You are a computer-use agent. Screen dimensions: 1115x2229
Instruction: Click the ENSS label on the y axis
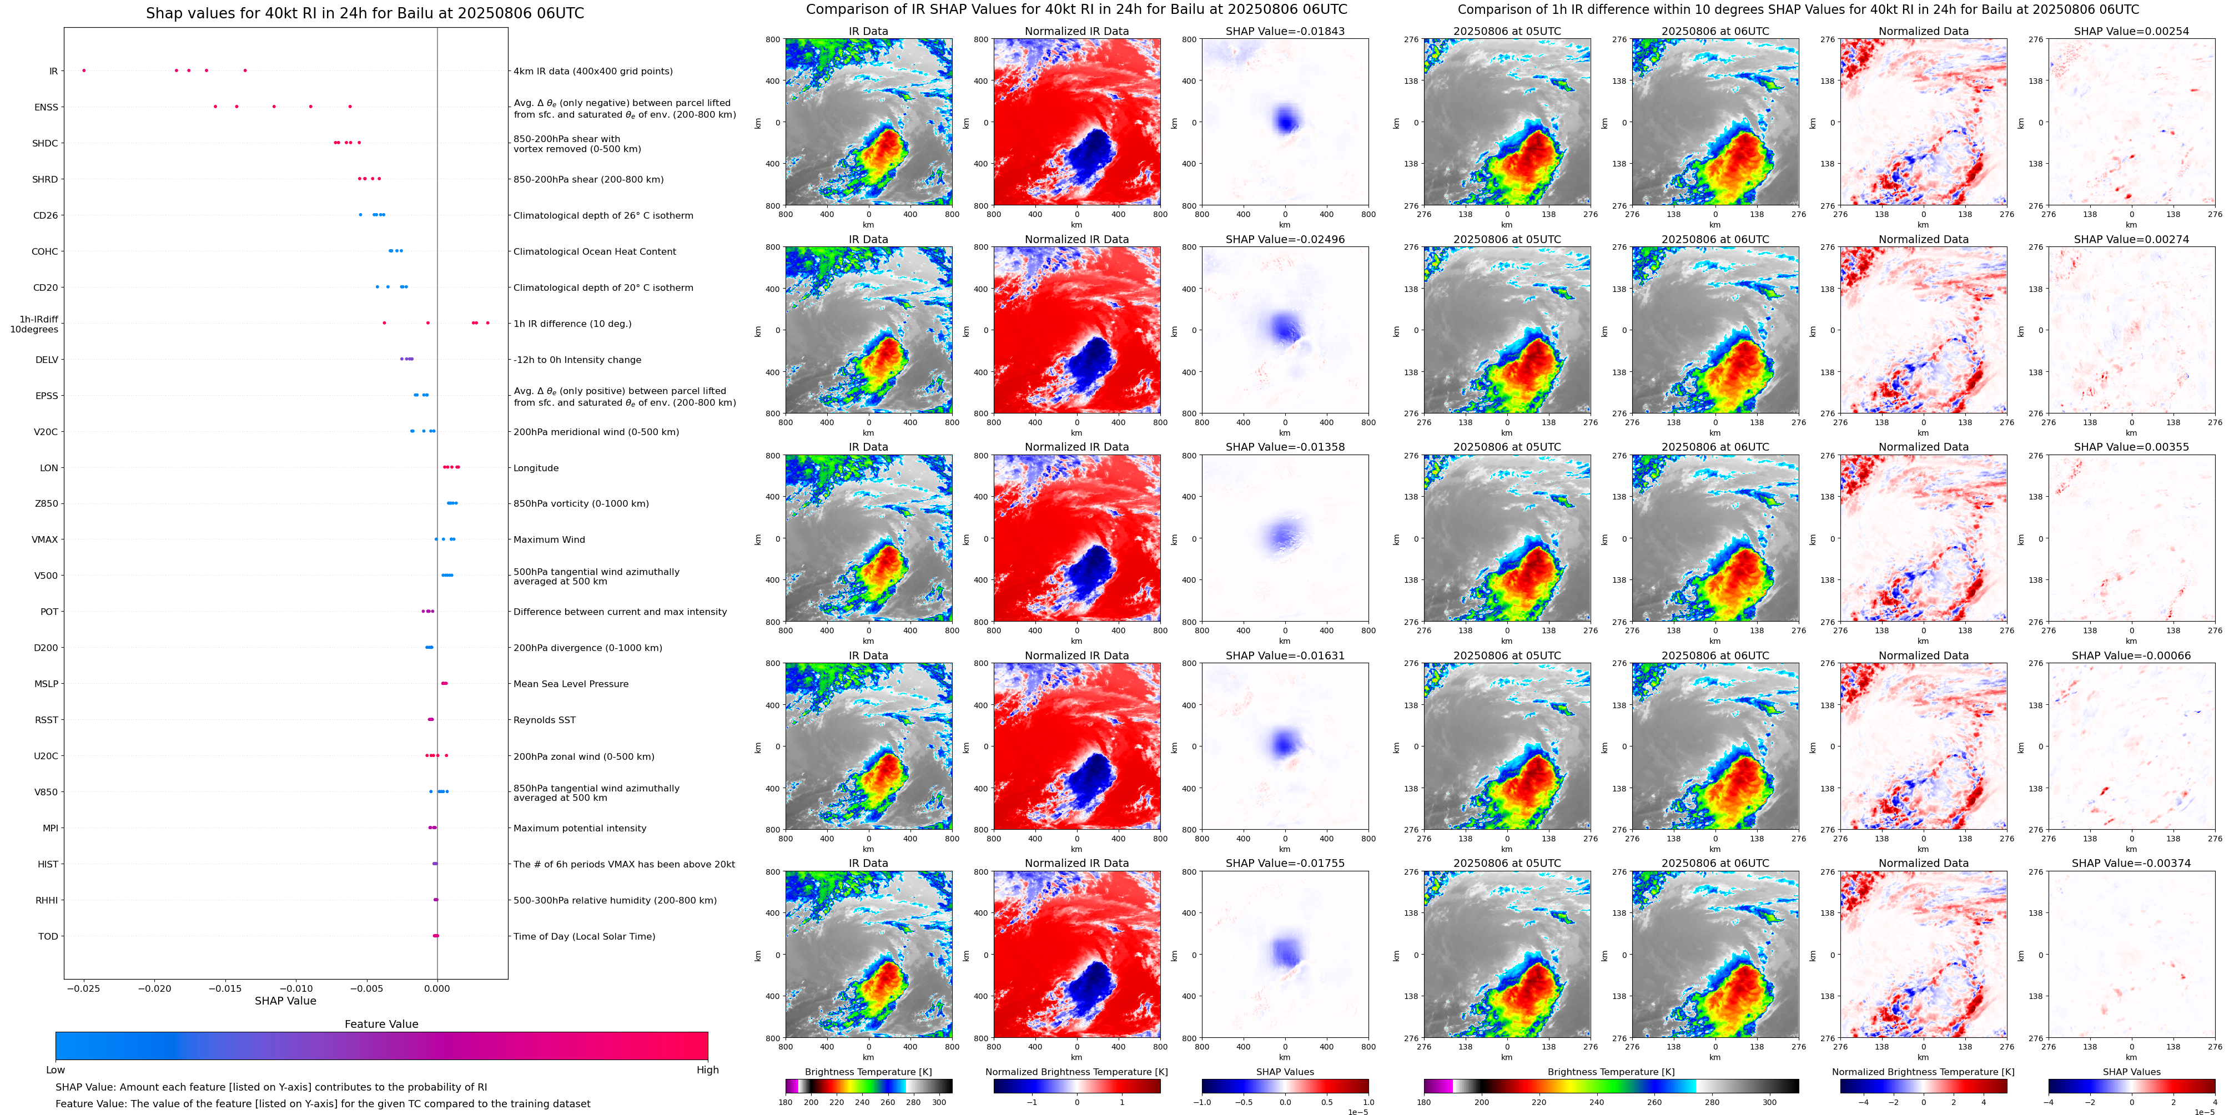[46, 107]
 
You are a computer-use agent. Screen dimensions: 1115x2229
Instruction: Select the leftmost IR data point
[84, 70]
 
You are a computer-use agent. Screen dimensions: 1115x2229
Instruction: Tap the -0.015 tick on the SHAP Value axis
[226, 988]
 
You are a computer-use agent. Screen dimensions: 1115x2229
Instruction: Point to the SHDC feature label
[45, 144]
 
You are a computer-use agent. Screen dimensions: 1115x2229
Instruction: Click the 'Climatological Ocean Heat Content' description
[595, 252]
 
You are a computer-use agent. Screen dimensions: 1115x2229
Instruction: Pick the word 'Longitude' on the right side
[536, 468]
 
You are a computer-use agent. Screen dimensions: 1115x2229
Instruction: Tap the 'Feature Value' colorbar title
[381, 1024]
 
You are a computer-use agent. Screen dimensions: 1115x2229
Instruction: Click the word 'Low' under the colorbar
[56, 1070]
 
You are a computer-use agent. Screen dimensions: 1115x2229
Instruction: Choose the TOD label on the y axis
[48, 936]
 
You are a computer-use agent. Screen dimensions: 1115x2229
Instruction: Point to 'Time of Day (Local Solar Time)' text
[584, 936]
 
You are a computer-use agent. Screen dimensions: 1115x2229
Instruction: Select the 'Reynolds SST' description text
[544, 720]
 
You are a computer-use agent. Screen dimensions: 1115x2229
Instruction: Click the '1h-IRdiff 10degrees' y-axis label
[34, 324]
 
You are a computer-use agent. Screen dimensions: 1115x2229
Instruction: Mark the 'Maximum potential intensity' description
[580, 828]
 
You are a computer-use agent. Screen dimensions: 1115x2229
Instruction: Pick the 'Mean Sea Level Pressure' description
[571, 683]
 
